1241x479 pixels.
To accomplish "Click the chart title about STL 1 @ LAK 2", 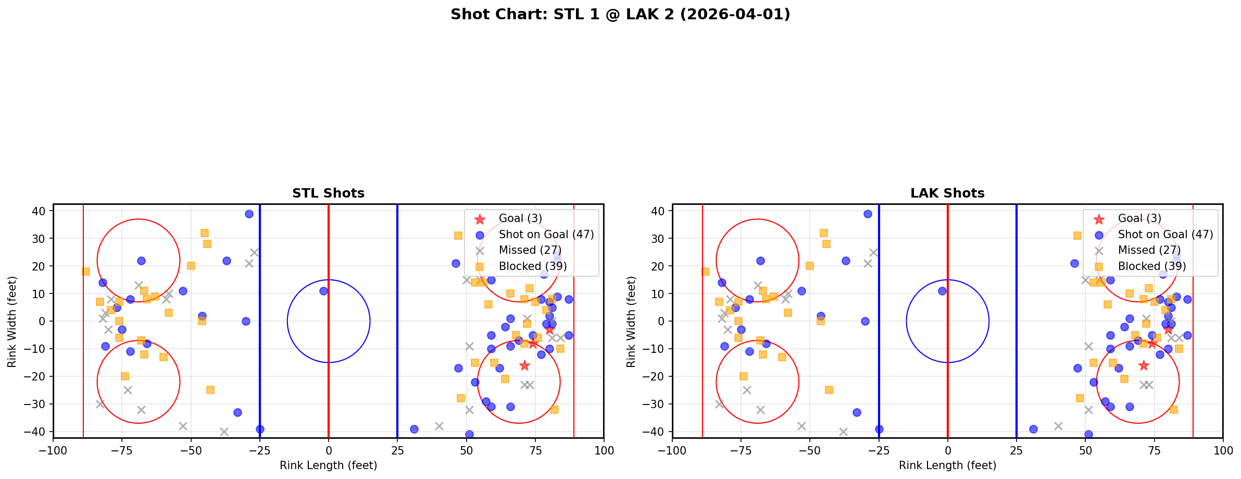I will click(620, 15).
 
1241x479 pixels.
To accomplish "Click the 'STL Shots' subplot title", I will click(328, 193).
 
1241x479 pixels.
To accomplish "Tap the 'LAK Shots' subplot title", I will click(947, 193).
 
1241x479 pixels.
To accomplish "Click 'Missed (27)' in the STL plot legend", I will click(524, 250).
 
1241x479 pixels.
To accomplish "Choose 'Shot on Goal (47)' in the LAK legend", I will click(1165, 235).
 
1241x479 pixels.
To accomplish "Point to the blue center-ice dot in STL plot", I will click(323, 291).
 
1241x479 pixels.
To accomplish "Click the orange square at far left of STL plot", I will click(86, 272).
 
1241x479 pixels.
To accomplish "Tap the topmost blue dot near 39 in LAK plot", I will click(868, 214).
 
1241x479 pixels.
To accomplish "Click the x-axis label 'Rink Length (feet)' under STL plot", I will click(328, 465).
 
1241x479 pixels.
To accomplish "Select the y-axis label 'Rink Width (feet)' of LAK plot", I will click(631, 322).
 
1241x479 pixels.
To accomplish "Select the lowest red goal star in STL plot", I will click(524, 365).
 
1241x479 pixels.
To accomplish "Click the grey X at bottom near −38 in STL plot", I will click(224, 432).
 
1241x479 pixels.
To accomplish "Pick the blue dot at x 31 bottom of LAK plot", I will click(1033, 429).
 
